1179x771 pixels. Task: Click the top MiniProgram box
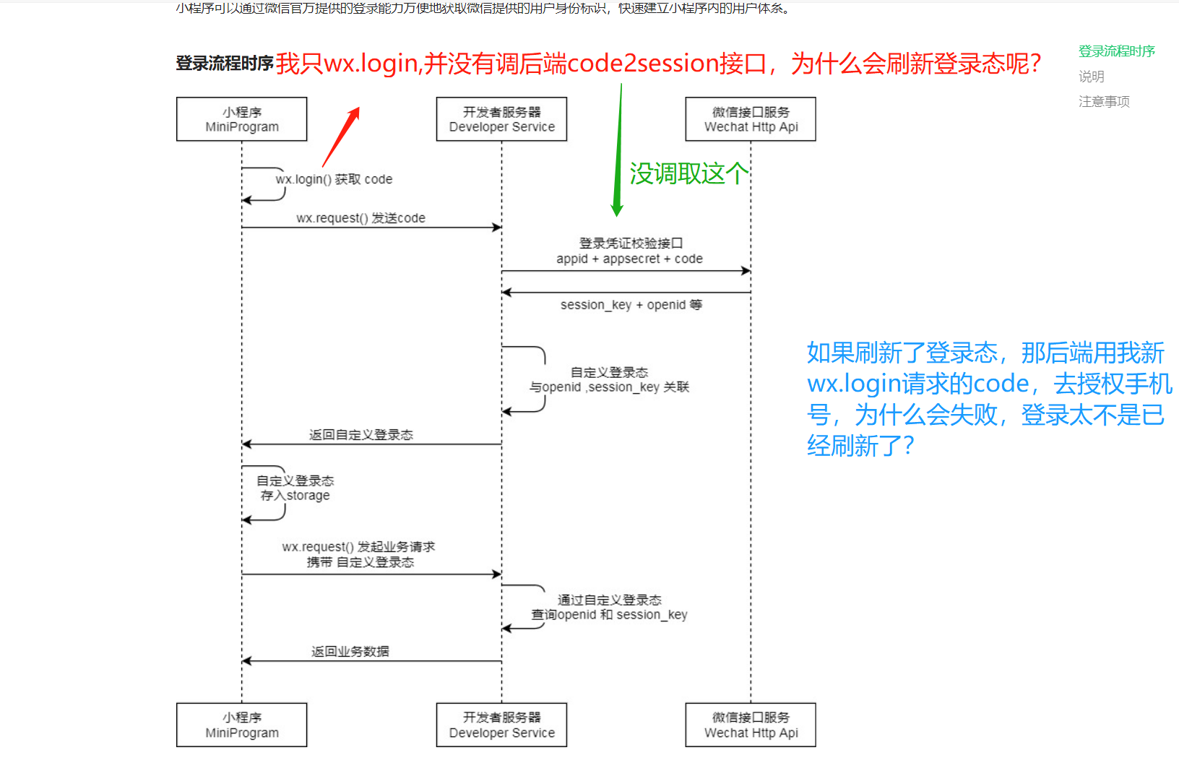(241, 119)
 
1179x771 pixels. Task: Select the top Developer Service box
(501, 119)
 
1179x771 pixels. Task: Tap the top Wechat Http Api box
(751, 119)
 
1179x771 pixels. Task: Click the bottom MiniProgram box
(241, 725)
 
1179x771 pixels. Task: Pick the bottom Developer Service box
(501, 725)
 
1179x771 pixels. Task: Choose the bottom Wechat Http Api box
(751, 725)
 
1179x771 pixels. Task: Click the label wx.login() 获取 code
(334, 179)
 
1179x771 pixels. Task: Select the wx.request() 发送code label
(360, 218)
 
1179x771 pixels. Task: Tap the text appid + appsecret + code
(629, 259)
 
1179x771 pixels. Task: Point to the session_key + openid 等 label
(631, 305)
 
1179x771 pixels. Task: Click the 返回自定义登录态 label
(360, 434)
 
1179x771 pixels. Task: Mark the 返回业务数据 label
(350, 651)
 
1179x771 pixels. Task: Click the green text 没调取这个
(688, 173)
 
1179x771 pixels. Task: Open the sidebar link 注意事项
(1104, 102)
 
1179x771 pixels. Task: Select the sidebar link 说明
(1091, 77)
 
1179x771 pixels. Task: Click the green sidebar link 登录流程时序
(1116, 51)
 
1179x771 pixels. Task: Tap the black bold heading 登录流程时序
(224, 64)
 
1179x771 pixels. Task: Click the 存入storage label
(295, 496)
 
